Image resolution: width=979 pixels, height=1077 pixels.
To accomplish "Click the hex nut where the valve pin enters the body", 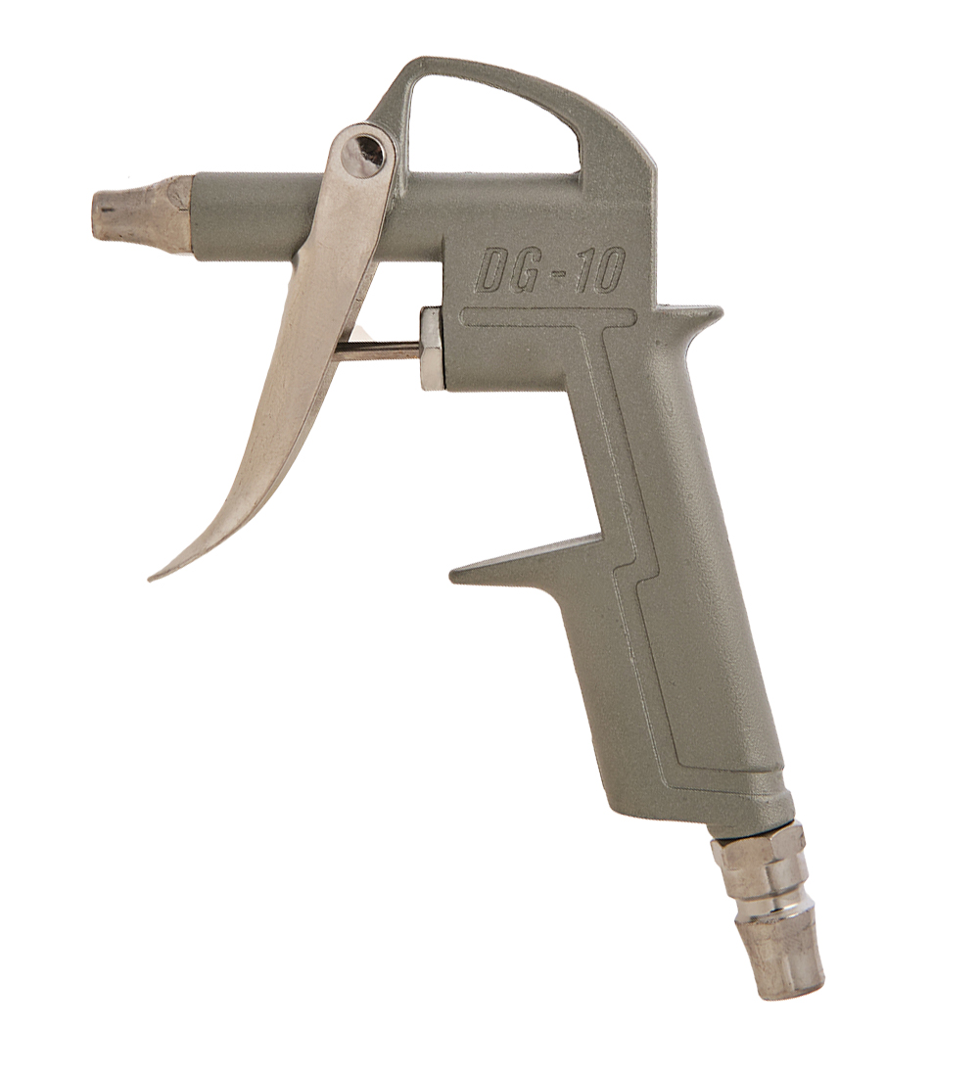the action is [x=432, y=350].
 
